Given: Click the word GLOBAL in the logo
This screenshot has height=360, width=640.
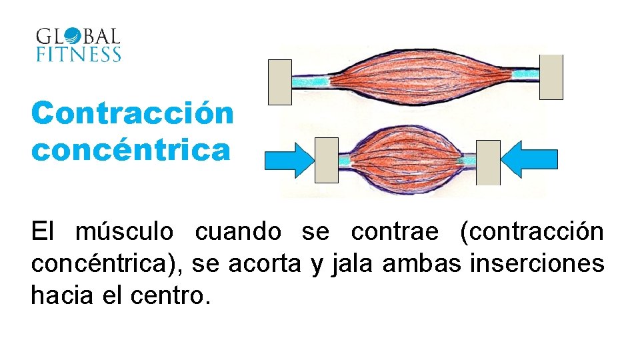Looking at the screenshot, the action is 78,36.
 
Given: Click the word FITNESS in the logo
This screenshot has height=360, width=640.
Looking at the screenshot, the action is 78,54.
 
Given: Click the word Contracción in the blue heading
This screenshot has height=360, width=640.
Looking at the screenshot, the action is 133,113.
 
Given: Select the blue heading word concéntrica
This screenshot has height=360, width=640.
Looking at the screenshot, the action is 131,149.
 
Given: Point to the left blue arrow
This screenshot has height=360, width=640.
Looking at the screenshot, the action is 289,160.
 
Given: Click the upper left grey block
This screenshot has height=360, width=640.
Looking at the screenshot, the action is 279,82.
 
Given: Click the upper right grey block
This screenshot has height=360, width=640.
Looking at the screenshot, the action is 551,77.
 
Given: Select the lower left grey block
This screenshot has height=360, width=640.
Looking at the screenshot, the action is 326,160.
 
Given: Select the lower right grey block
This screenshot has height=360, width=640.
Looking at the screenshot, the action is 488,162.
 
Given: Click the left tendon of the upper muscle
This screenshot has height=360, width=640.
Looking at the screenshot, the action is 311,81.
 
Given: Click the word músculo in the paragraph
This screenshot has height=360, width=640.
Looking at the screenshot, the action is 125,232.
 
